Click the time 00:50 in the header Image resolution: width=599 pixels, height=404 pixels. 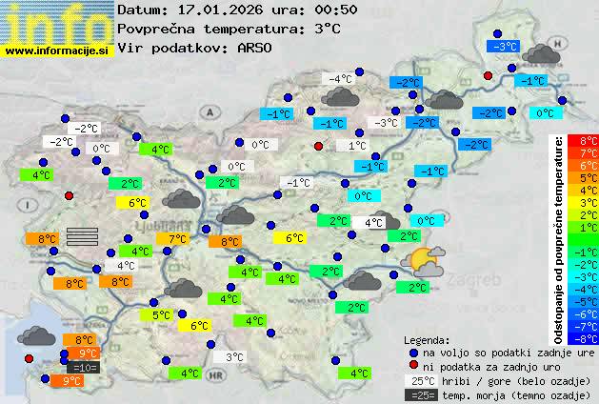click(311, 10)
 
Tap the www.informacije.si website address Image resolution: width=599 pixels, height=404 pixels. click(57, 50)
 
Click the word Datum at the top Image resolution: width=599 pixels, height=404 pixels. click(140, 10)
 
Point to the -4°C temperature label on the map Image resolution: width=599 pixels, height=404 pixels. click(340, 78)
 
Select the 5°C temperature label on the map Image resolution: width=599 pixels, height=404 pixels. click(162, 314)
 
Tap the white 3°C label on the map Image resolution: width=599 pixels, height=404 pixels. click(234, 357)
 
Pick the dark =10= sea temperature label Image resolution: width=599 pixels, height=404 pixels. click(83, 367)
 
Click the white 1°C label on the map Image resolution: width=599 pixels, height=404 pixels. click(357, 146)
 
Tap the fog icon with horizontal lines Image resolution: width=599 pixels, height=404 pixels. click(82, 236)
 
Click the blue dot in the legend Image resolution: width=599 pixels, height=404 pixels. click(412, 352)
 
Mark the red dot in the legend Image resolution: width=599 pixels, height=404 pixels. click(412, 365)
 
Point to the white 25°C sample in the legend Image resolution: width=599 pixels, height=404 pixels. click(420, 380)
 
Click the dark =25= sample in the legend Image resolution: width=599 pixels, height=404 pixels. click(420, 394)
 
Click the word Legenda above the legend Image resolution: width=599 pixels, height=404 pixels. click(427, 339)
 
